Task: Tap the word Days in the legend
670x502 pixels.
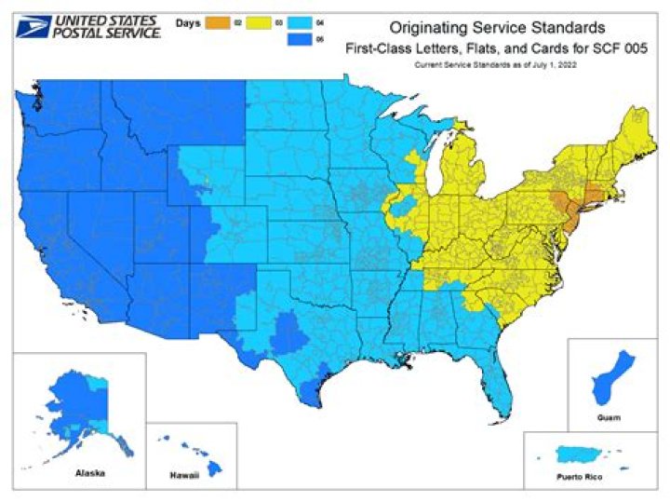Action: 190,18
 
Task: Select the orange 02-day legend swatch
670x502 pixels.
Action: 219,18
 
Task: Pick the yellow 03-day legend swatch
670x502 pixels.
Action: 258,18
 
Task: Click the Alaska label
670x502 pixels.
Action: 89,472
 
